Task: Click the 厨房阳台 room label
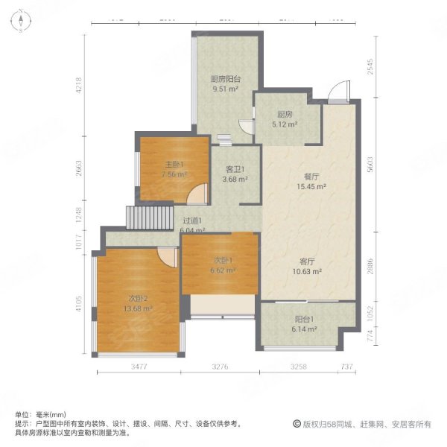click(x=224, y=78)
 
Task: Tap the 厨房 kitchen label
click(x=284, y=114)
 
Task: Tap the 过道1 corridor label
click(x=193, y=221)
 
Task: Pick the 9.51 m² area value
click(x=224, y=89)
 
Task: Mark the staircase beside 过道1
click(x=139, y=218)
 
